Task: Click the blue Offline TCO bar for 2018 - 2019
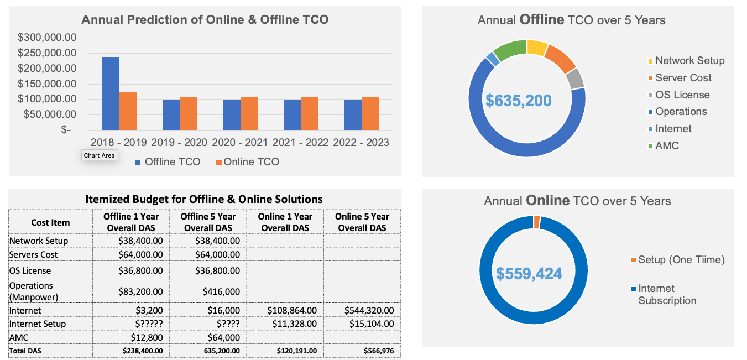(x=110, y=93)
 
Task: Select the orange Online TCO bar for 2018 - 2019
(x=128, y=111)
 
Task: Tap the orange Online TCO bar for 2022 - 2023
(x=370, y=113)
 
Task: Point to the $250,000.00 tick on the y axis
(x=47, y=53)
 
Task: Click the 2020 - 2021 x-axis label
(x=239, y=143)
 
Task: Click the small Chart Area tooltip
(x=100, y=155)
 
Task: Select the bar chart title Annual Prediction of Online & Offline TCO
(x=205, y=20)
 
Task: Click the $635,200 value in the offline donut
(x=518, y=101)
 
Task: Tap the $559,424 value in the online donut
(x=529, y=274)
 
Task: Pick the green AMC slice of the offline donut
(x=510, y=50)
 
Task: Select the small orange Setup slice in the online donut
(x=536, y=222)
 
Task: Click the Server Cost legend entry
(x=683, y=78)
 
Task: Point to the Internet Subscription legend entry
(x=666, y=294)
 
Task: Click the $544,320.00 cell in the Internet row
(x=369, y=311)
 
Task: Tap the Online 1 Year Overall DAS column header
(x=285, y=222)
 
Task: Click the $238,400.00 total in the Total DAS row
(x=143, y=351)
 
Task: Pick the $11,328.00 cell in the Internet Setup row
(x=292, y=324)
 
